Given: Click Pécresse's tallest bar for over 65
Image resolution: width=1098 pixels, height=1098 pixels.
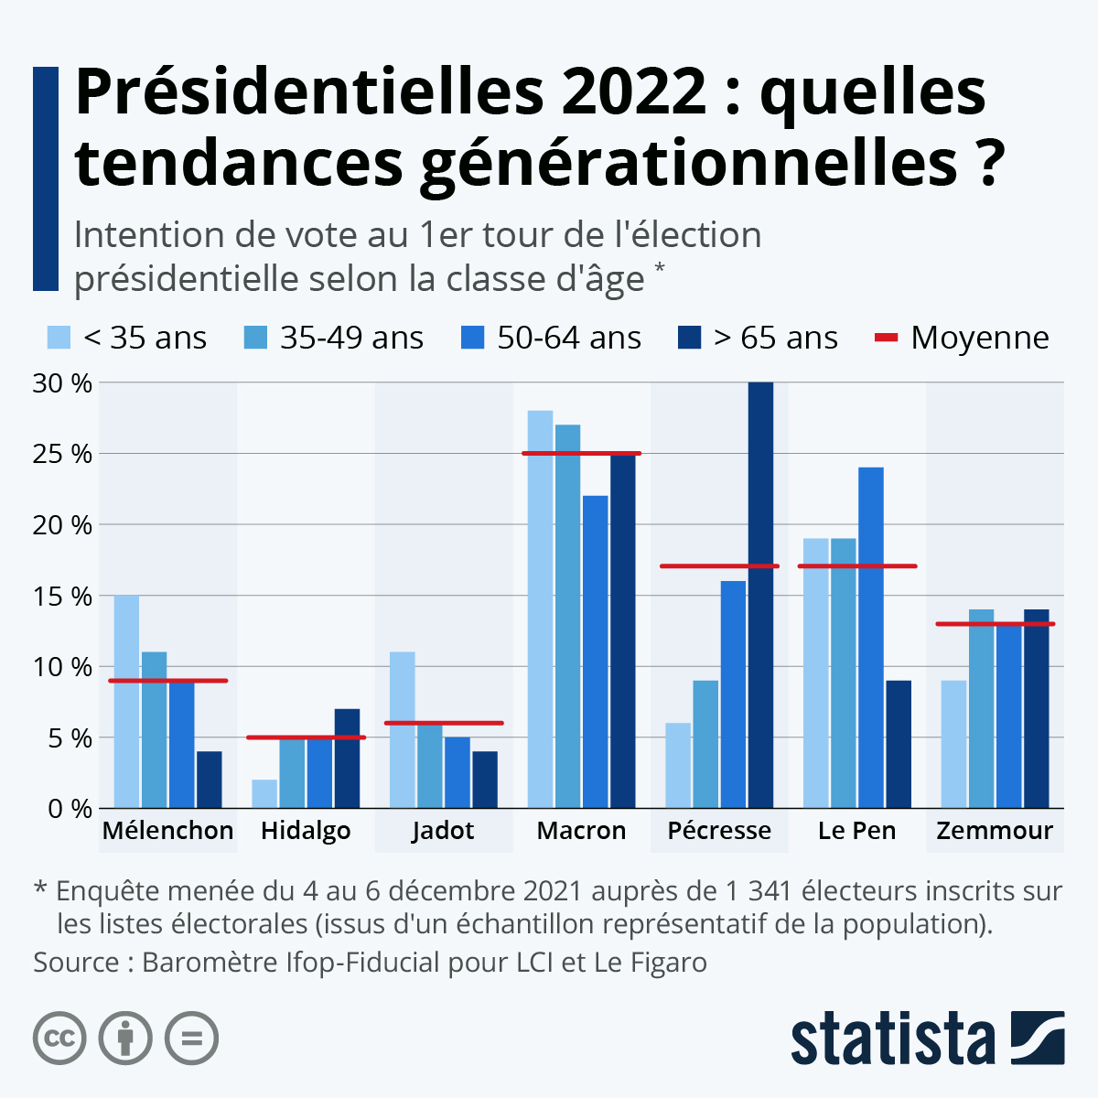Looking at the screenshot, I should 760,595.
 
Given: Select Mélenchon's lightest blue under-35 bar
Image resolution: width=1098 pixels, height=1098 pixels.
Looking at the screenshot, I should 126,702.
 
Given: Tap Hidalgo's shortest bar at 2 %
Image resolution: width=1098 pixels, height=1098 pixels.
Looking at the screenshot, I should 264,793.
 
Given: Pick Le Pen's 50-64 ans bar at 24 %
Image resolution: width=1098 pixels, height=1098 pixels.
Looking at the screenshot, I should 871,638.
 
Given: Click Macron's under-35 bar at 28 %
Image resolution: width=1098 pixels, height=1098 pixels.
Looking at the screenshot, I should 540,609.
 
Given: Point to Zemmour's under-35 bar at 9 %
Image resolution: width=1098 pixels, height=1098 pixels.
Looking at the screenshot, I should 953,744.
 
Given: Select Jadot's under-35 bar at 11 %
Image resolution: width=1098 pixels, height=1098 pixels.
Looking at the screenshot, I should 402,730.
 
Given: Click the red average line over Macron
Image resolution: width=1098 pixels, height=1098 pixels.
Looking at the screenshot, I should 581,453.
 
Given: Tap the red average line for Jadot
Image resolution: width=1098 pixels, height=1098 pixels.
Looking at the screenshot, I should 444,723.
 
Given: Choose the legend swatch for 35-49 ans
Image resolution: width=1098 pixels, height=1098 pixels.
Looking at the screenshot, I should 255,338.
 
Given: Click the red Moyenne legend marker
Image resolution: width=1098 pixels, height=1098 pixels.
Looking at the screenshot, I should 887,338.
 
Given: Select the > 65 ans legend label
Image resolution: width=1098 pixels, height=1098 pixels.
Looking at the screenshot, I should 776,338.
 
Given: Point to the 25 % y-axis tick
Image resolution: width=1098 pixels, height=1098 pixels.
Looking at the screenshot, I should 62,454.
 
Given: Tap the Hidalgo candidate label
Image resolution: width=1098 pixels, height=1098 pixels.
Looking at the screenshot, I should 306,831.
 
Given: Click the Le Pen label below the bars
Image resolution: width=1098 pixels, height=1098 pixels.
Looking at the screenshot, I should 856,831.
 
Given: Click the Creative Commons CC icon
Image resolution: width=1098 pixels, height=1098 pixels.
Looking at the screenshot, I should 59,1039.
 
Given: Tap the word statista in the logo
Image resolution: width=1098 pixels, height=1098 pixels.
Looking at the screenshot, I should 892,1039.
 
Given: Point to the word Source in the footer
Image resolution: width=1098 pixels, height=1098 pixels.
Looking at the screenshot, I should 77,963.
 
